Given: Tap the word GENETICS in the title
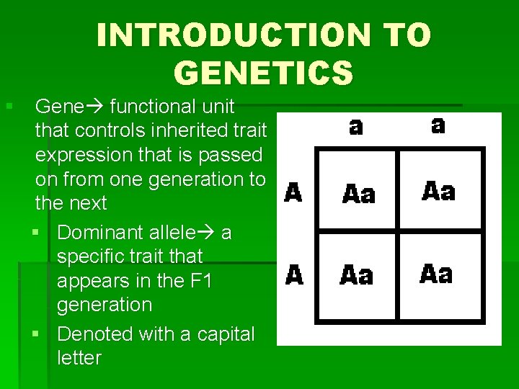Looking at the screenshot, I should pyautogui.click(x=263, y=72).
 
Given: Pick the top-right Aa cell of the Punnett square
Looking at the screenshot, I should pyautogui.click(x=438, y=191).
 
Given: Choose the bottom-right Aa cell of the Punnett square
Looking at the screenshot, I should pyautogui.click(x=437, y=274).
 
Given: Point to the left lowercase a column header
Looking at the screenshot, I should pyautogui.click(x=356, y=127).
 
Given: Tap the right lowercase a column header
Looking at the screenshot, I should pyautogui.click(x=438, y=125).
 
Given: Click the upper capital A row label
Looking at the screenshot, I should pyautogui.click(x=293, y=193).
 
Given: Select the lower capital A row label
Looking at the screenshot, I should pyautogui.click(x=294, y=275).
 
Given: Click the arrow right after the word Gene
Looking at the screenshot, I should pyautogui.click(x=97, y=107).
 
